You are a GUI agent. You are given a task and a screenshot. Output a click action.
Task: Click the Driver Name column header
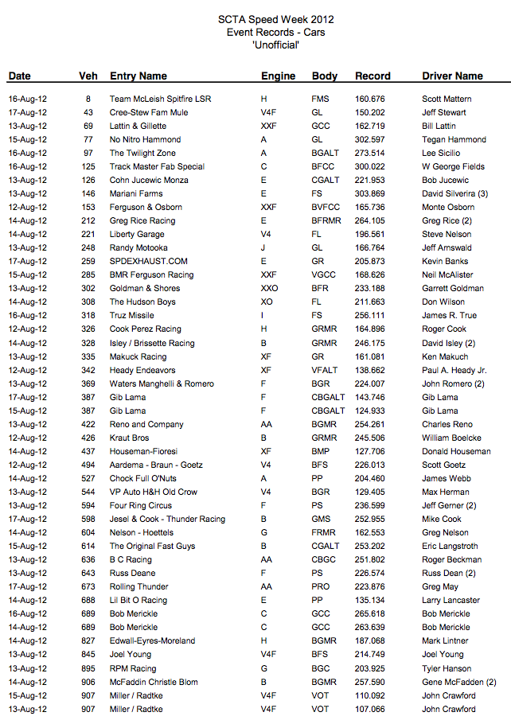click(x=452, y=76)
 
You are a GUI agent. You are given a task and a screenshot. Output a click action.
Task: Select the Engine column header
click(x=278, y=76)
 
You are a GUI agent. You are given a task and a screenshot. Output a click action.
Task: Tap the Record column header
click(x=373, y=76)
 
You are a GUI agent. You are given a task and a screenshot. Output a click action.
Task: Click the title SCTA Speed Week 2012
click(x=276, y=19)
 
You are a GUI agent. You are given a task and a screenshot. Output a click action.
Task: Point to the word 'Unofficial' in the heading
click(x=275, y=45)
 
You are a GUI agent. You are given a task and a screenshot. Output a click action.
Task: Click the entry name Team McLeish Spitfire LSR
click(x=160, y=99)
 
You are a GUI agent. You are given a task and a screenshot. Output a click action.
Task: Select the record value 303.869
click(x=370, y=194)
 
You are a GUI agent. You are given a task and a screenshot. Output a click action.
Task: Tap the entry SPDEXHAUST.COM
click(x=149, y=262)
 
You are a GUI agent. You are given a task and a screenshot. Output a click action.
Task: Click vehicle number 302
click(x=88, y=289)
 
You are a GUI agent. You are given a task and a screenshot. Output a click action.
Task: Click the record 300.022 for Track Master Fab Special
click(x=370, y=167)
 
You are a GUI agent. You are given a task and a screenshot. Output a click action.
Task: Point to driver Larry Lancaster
click(x=451, y=601)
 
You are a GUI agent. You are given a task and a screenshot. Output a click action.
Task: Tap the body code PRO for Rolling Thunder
click(x=320, y=587)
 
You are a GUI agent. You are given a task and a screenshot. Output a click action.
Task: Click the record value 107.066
click(x=370, y=709)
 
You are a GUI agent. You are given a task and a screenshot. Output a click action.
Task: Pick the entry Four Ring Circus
click(x=141, y=505)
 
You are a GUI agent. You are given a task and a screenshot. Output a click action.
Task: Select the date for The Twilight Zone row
click(x=28, y=154)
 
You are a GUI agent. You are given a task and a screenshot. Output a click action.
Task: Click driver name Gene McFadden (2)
click(x=459, y=682)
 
